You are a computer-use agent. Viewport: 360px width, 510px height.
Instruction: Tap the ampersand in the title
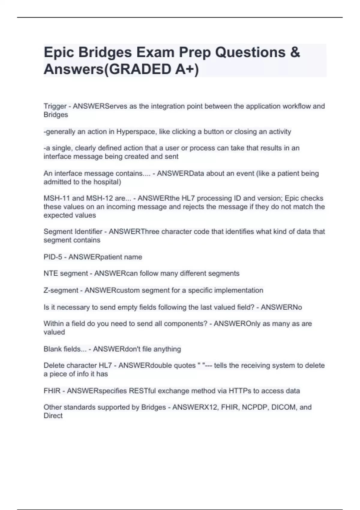(x=295, y=52)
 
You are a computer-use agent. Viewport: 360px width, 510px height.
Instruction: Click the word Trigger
(x=55, y=106)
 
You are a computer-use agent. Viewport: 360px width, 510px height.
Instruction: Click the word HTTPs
(x=240, y=391)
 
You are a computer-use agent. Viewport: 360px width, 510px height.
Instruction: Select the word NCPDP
(x=255, y=407)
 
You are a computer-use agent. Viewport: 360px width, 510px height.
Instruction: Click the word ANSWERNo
(x=281, y=307)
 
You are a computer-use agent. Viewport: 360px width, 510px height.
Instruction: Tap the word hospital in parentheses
(x=107, y=182)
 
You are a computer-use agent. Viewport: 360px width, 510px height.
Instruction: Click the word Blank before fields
(x=52, y=349)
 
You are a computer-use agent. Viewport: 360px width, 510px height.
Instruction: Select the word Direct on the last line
(x=53, y=416)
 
